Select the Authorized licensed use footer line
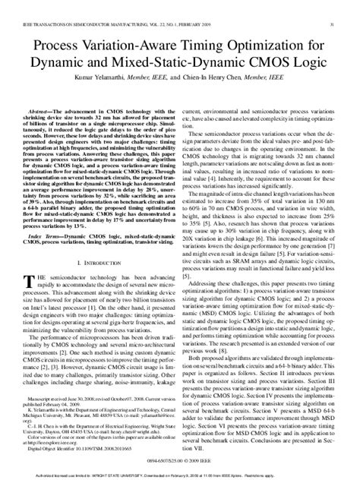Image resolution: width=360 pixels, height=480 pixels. (180, 472)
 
